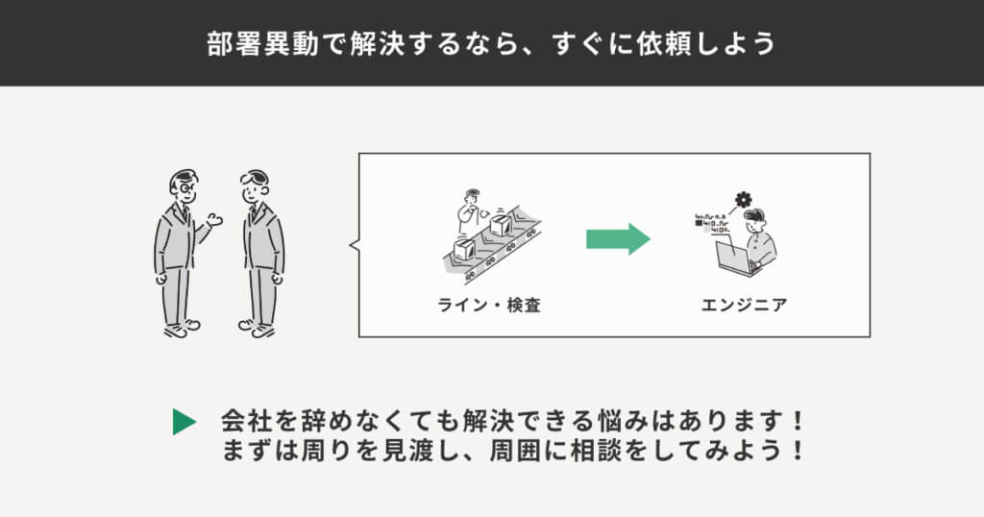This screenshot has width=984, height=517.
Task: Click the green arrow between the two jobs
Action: pyautogui.click(x=618, y=239)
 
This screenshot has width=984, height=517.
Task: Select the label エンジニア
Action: pyautogui.click(x=745, y=306)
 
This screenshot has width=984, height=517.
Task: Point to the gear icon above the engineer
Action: pyautogui.click(x=742, y=200)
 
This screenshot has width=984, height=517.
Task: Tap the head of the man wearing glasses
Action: pyautogui.click(x=183, y=186)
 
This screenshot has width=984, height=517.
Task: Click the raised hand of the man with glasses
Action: pyautogui.click(x=215, y=220)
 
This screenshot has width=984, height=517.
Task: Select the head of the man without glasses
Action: pyautogui.click(x=256, y=186)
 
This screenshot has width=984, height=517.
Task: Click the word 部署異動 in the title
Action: pyautogui.click(x=252, y=44)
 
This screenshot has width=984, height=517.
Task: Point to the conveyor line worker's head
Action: pyautogui.click(x=470, y=198)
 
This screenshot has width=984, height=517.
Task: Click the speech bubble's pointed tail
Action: pyautogui.click(x=353, y=246)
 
